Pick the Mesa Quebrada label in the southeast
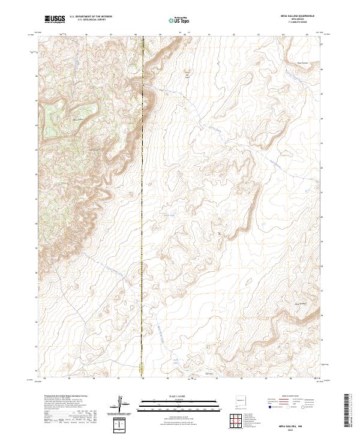300,304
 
